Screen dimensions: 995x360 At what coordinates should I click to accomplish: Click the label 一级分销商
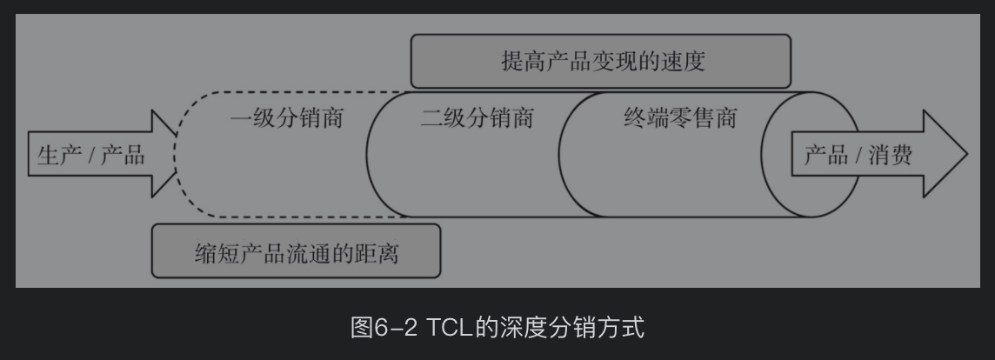point(286,118)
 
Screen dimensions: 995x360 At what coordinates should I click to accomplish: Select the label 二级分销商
point(477,118)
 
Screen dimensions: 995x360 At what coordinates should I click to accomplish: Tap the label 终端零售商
point(679,118)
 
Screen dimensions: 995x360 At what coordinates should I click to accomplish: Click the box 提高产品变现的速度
point(601,62)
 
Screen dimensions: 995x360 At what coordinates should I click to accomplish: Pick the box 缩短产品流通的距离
point(296,252)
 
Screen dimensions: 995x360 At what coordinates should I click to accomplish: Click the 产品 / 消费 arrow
point(870,156)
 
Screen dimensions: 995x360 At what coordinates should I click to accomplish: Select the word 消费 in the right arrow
point(891,157)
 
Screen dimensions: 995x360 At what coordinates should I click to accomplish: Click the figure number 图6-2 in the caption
point(384,329)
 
